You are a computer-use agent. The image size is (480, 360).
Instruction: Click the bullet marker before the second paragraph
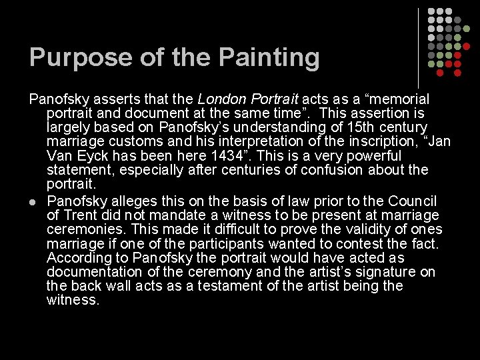tap(33, 201)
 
